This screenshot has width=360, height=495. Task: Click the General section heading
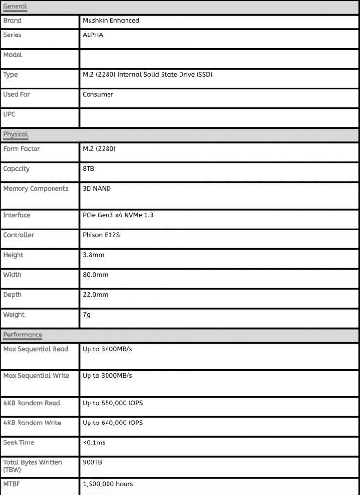click(x=15, y=7)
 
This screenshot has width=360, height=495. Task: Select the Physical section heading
click(x=16, y=134)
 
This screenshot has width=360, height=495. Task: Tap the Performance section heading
click(x=23, y=335)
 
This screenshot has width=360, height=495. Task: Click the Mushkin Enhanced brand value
click(x=111, y=21)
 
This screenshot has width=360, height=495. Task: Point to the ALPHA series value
click(x=93, y=35)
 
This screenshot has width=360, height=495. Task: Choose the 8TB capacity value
click(x=89, y=169)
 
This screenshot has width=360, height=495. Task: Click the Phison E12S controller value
click(x=101, y=235)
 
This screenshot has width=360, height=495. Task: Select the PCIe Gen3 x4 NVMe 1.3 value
click(x=118, y=215)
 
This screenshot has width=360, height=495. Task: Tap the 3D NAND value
click(x=97, y=189)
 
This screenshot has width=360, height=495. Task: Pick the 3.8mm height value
click(x=93, y=255)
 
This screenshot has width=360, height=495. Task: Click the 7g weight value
click(x=87, y=315)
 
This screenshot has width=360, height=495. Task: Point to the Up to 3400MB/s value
click(x=107, y=349)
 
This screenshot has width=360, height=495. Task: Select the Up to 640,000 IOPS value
click(x=112, y=423)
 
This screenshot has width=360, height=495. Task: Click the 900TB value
click(x=92, y=462)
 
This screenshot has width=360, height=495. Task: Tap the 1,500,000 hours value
click(x=108, y=484)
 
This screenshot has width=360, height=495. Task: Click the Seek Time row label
click(x=18, y=442)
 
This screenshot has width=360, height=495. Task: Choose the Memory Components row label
click(x=36, y=189)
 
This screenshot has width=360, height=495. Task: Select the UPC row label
click(x=9, y=114)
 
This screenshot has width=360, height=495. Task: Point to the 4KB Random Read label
click(x=32, y=403)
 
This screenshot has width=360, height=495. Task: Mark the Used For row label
click(x=17, y=94)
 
